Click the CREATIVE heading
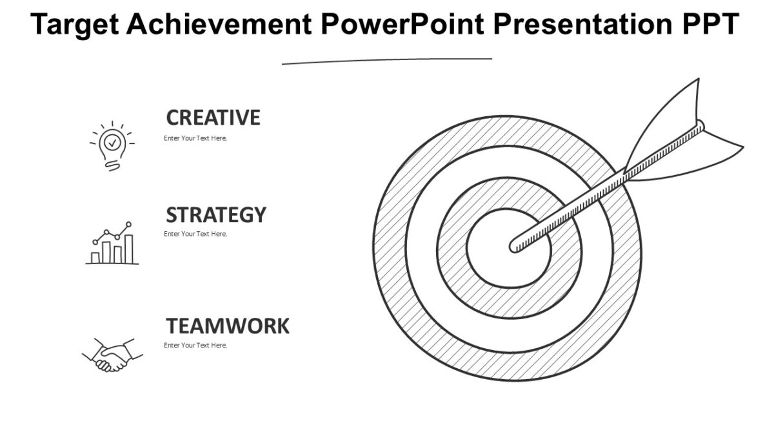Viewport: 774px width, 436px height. pos(213,118)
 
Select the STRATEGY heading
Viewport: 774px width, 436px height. pos(215,214)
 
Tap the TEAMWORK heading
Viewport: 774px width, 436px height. pos(227,326)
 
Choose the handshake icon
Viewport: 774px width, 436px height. pos(112,355)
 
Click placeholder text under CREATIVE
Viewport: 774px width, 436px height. pos(195,138)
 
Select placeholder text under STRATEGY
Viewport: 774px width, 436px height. pos(195,234)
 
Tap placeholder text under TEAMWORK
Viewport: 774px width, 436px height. pos(195,346)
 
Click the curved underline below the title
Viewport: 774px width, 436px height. pos(387,61)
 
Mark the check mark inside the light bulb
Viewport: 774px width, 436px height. pos(112,141)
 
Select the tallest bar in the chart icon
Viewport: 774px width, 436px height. pos(128,249)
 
